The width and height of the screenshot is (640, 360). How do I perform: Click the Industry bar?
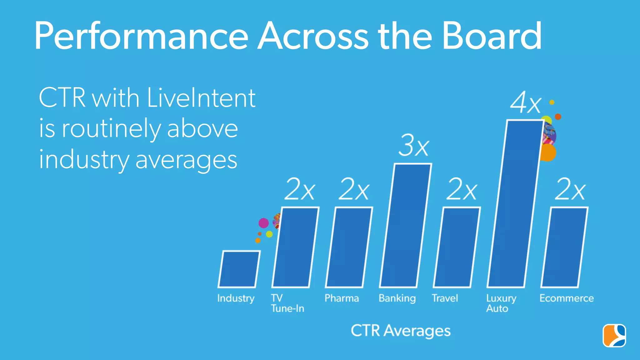(239, 269)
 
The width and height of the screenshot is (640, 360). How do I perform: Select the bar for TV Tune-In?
(295, 247)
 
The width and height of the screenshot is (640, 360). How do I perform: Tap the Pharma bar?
(349, 247)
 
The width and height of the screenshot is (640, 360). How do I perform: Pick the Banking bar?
(405, 225)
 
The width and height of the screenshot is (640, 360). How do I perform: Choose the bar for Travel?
(457, 247)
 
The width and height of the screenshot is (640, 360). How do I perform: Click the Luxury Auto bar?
(515, 203)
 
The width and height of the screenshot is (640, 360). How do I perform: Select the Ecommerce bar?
(564, 247)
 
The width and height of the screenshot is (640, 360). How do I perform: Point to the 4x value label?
(526, 103)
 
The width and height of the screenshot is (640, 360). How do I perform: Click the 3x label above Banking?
(414, 145)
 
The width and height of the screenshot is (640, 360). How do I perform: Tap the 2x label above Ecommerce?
(570, 189)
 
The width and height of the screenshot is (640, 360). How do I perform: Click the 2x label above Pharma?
(354, 189)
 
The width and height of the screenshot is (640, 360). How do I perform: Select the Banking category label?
(397, 298)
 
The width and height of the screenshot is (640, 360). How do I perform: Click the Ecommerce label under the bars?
(567, 298)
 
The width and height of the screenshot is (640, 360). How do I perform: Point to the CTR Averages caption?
(401, 331)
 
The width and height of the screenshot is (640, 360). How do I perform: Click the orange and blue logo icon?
(614, 336)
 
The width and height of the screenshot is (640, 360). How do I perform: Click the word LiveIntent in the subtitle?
(201, 98)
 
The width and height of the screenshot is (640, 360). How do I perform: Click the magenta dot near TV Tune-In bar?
(263, 223)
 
